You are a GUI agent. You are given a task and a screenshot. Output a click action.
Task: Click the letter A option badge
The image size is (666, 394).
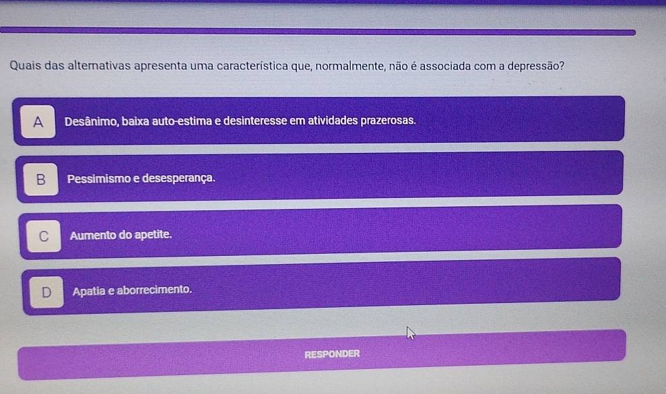pos(38,121)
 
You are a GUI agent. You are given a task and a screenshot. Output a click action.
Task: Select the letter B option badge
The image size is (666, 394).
pos(41,179)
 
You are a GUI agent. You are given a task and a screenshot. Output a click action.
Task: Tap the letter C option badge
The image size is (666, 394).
pos(44,236)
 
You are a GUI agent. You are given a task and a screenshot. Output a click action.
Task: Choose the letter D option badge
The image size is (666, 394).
pos(46,292)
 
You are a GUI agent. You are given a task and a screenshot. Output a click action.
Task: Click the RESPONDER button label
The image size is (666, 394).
pos(332,354)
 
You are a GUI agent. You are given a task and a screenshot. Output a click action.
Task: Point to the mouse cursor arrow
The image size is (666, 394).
pos(410,333)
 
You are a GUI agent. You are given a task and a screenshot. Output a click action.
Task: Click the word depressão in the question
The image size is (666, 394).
pos(536,66)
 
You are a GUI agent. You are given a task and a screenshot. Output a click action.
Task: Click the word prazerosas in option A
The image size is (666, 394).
pos(388,121)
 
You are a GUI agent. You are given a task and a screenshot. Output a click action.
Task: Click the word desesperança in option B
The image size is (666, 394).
pos(179,178)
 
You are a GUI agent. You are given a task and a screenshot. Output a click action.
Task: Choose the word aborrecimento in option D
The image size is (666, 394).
pos(154,290)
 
